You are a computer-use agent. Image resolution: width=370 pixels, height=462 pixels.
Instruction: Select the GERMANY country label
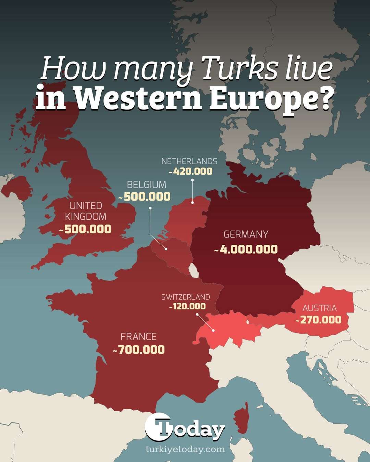tap(246, 234)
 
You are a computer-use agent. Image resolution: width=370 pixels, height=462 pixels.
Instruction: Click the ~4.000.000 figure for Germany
tap(246, 249)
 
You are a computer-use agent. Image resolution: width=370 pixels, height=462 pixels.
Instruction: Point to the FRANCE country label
tap(138, 337)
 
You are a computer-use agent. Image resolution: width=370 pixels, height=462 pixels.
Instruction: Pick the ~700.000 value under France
tap(139, 350)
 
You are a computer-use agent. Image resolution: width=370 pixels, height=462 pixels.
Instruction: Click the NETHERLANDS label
tap(189, 161)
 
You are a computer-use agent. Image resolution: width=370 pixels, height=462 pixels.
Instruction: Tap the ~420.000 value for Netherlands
tap(191, 171)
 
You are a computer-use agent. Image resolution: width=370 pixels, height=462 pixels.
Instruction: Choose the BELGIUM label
tap(146, 185)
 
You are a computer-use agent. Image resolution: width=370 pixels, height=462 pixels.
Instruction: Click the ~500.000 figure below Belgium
tap(145, 197)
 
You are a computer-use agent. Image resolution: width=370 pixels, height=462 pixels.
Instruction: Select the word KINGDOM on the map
tap(86, 217)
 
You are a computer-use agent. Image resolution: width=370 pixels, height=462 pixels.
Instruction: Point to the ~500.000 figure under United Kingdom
tap(85, 229)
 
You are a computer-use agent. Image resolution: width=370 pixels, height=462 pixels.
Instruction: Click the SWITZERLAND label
tap(185, 297)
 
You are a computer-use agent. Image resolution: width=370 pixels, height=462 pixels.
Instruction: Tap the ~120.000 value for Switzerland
tap(187, 306)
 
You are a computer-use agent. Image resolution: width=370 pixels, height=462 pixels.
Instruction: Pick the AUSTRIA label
tap(319, 308)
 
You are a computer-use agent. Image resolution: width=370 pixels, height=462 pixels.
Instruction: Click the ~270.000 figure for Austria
tap(319, 320)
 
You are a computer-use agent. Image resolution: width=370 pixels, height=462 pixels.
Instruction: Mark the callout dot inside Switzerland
tap(213, 331)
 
